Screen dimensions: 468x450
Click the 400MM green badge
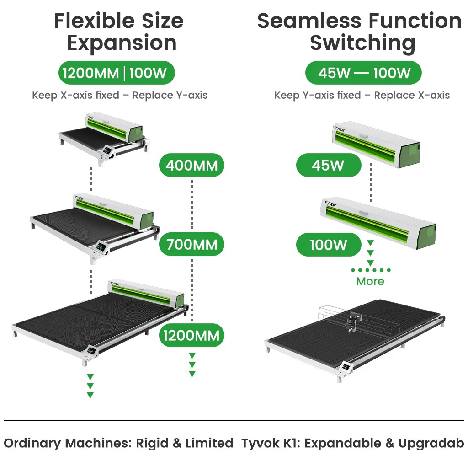pyautogui.click(x=191, y=165)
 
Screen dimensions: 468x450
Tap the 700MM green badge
pyautogui.click(x=191, y=244)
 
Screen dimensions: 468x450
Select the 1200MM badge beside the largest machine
pyautogui.click(x=191, y=335)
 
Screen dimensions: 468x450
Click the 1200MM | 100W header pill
pyautogui.click(x=117, y=73)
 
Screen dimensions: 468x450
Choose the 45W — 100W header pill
pyautogui.click(x=363, y=73)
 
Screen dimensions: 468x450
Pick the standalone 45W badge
pyautogui.click(x=329, y=165)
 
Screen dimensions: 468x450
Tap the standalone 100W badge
pyautogui.click(x=329, y=245)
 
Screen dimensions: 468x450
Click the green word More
pyautogui.click(x=370, y=281)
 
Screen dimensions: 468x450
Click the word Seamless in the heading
pyautogui.click(x=309, y=21)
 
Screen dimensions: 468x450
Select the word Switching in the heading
pyautogui.click(x=362, y=43)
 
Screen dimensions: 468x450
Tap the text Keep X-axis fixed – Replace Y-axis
pyautogui.click(x=120, y=95)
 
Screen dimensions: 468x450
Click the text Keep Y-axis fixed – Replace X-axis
pyautogui.click(x=362, y=95)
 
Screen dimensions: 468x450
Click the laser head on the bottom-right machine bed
pyautogui.click(x=351, y=322)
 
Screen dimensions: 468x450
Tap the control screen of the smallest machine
pyautogui.click(x=107, y=150)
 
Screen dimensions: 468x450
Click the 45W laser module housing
pyautogui.click(x=376, y=145)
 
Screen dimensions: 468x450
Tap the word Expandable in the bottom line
pyautogui.click(x=343, y=443)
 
